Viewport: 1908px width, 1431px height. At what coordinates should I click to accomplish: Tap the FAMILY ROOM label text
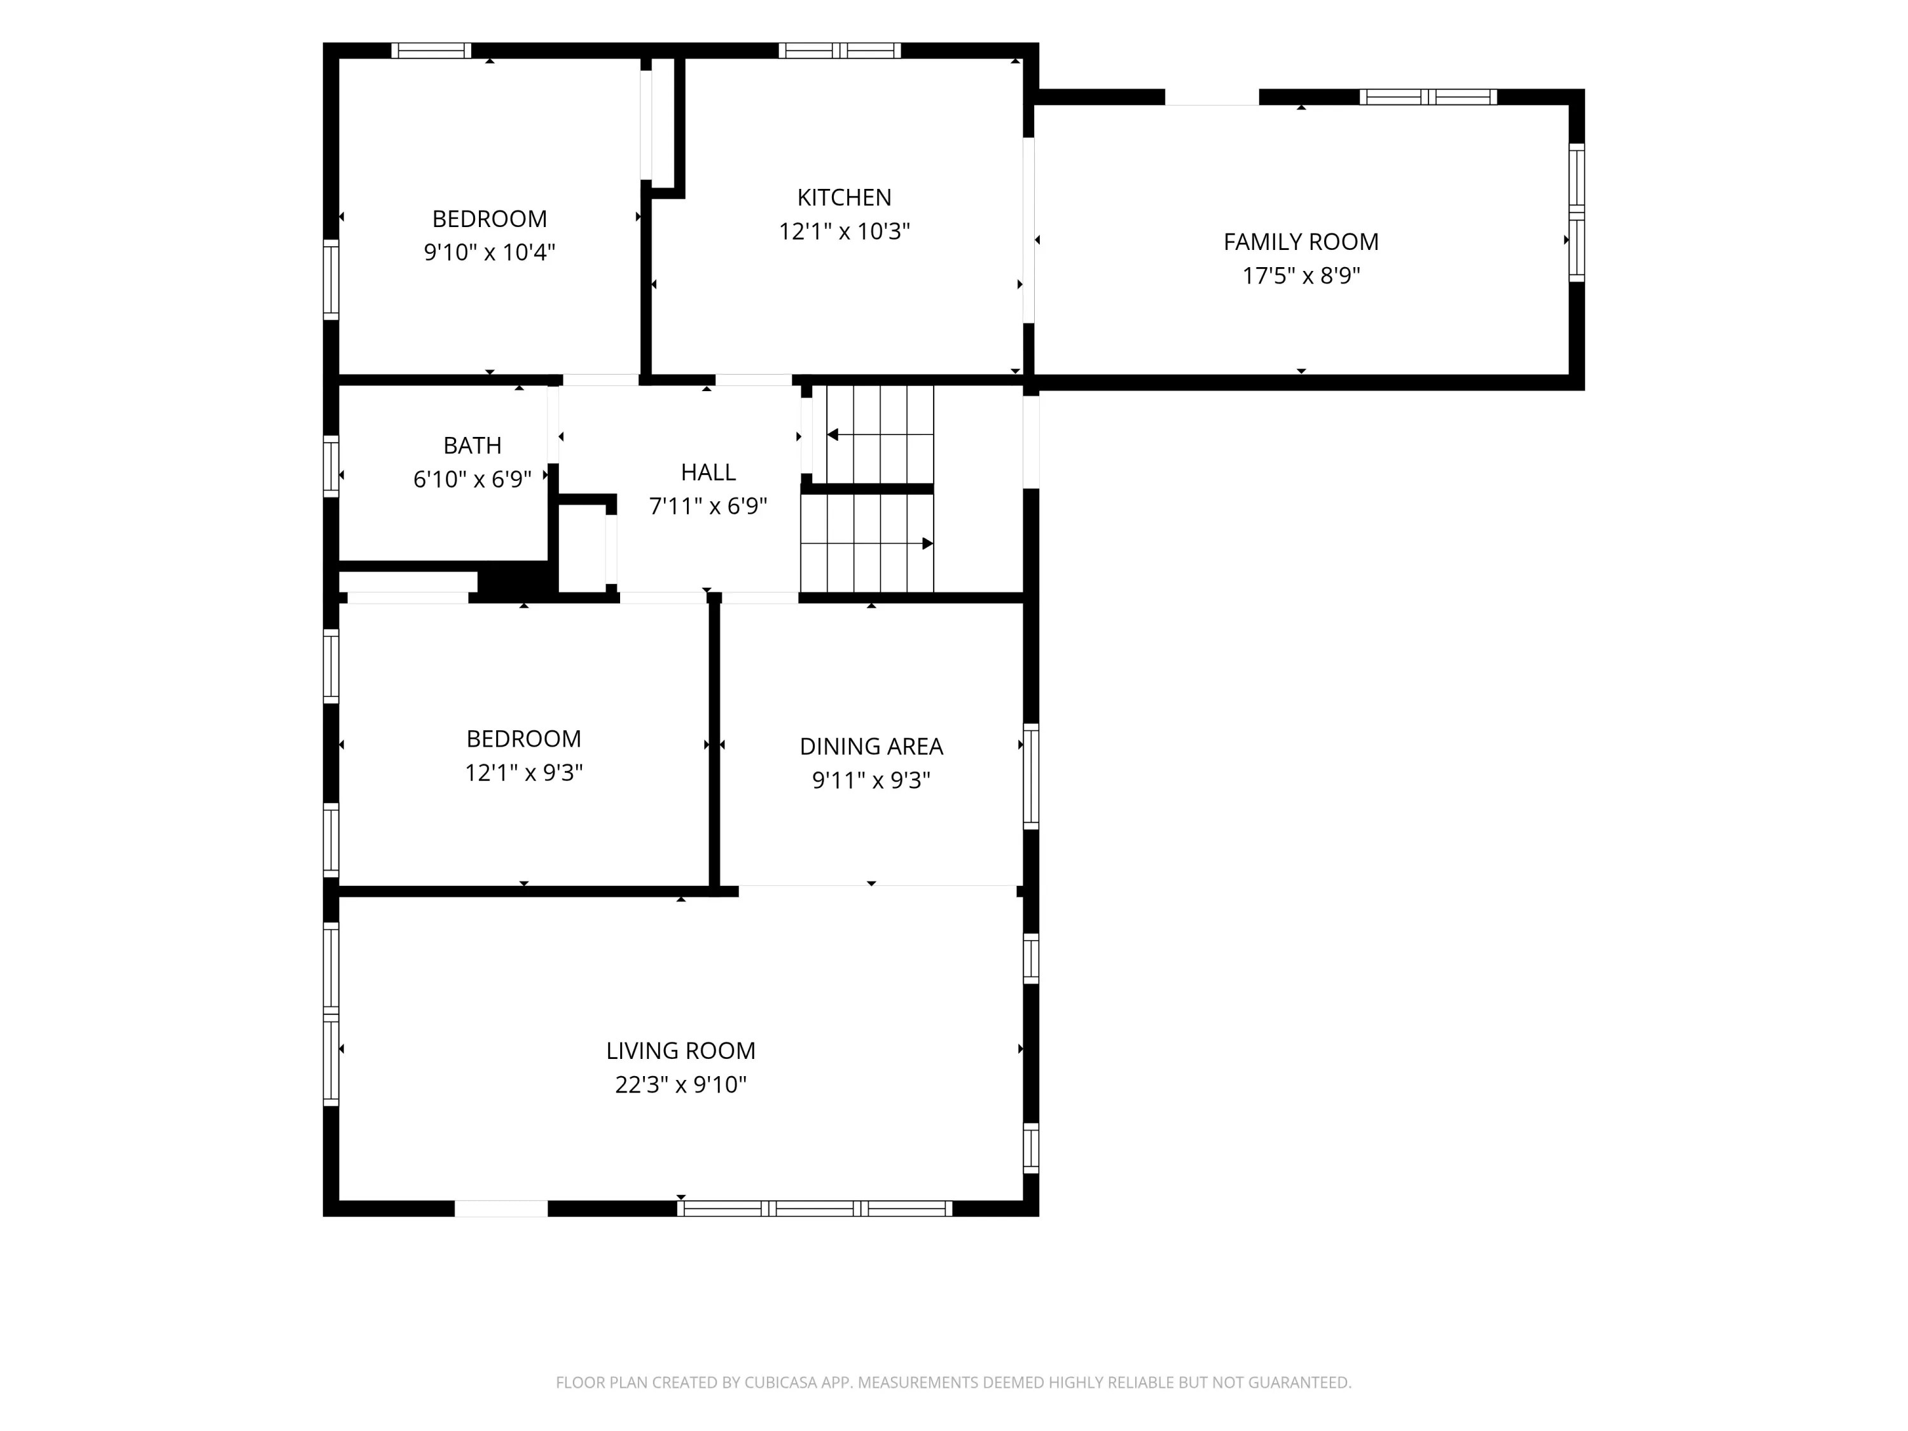pos(1301,242)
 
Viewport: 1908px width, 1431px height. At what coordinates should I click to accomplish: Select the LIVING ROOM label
pos(681,1051)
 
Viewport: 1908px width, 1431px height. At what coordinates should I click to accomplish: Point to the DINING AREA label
pos(871,746)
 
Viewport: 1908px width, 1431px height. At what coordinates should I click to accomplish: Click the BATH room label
pos(472,445)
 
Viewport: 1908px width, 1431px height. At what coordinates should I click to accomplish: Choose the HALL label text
pos(708,472)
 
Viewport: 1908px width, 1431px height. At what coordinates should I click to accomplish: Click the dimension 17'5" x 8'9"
pos(1301,276)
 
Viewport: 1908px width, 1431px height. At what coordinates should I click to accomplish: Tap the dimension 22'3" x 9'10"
pos(681,1084)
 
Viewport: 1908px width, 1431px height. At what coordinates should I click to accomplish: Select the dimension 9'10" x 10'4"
pos(489,252)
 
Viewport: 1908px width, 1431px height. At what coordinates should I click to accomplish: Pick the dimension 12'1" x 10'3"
pos(845,231)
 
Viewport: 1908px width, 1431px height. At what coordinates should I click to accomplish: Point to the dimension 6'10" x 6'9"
pos(472,479)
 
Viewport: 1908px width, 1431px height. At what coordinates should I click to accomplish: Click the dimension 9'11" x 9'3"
pos(871,780)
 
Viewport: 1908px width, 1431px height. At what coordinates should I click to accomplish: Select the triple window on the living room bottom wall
pos(814,1208)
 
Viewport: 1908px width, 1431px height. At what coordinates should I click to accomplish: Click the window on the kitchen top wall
pos(840,50)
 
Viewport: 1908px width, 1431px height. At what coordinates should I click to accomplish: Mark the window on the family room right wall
pos(1576,212)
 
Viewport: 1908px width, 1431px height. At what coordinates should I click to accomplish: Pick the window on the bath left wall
pos(330,467)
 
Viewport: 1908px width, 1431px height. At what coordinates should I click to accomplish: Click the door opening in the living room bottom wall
pos(501,1208)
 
